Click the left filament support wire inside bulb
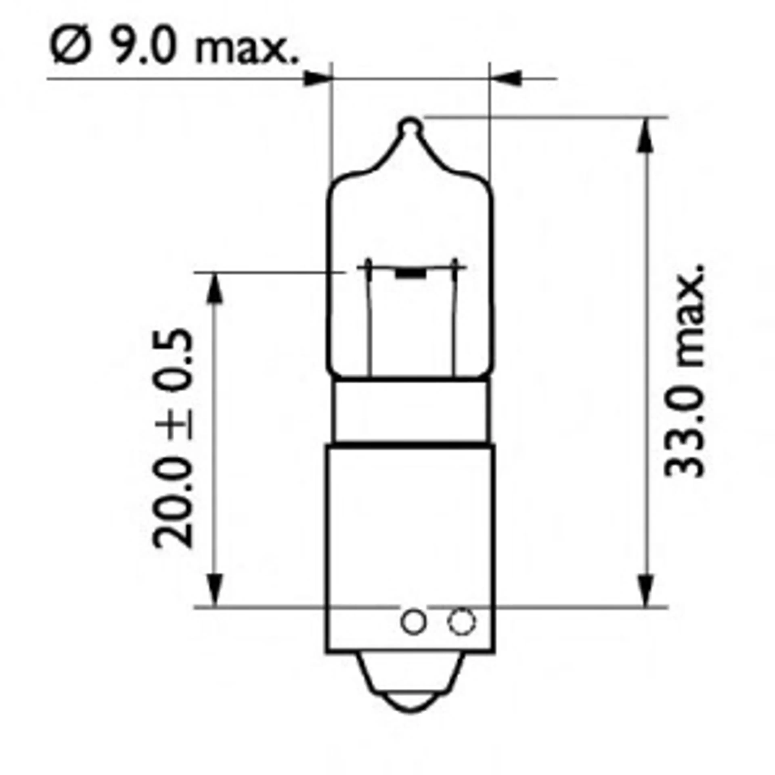[369, 321]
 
